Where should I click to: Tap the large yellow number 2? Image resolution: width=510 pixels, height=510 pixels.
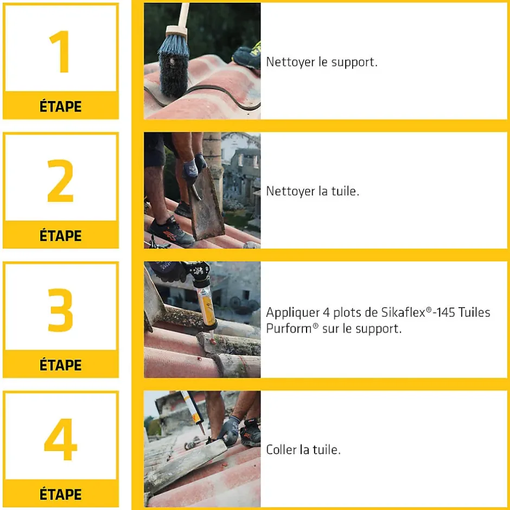[x=61, y=181]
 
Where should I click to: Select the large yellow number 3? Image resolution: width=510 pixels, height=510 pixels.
[x=61, y=310]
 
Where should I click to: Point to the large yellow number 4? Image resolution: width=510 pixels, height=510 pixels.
[x=61, y=439]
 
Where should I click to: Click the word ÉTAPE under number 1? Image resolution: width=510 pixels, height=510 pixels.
[x=61, y=106]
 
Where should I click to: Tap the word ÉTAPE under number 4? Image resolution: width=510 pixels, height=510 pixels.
[x=61, y=494]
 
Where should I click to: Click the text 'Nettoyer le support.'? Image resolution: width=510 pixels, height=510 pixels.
[x=322, y=62]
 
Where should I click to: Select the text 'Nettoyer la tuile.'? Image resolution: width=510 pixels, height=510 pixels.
[x=313, y=191]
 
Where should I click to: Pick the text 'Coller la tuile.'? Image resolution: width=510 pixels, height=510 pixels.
[x=303, y=449]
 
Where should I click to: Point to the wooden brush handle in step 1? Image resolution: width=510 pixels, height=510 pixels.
[x=181, y=16]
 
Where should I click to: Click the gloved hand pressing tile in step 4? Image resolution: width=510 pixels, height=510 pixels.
[x=230, y=431]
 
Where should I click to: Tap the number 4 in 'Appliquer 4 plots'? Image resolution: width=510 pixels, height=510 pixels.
[x=327, y=313]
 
